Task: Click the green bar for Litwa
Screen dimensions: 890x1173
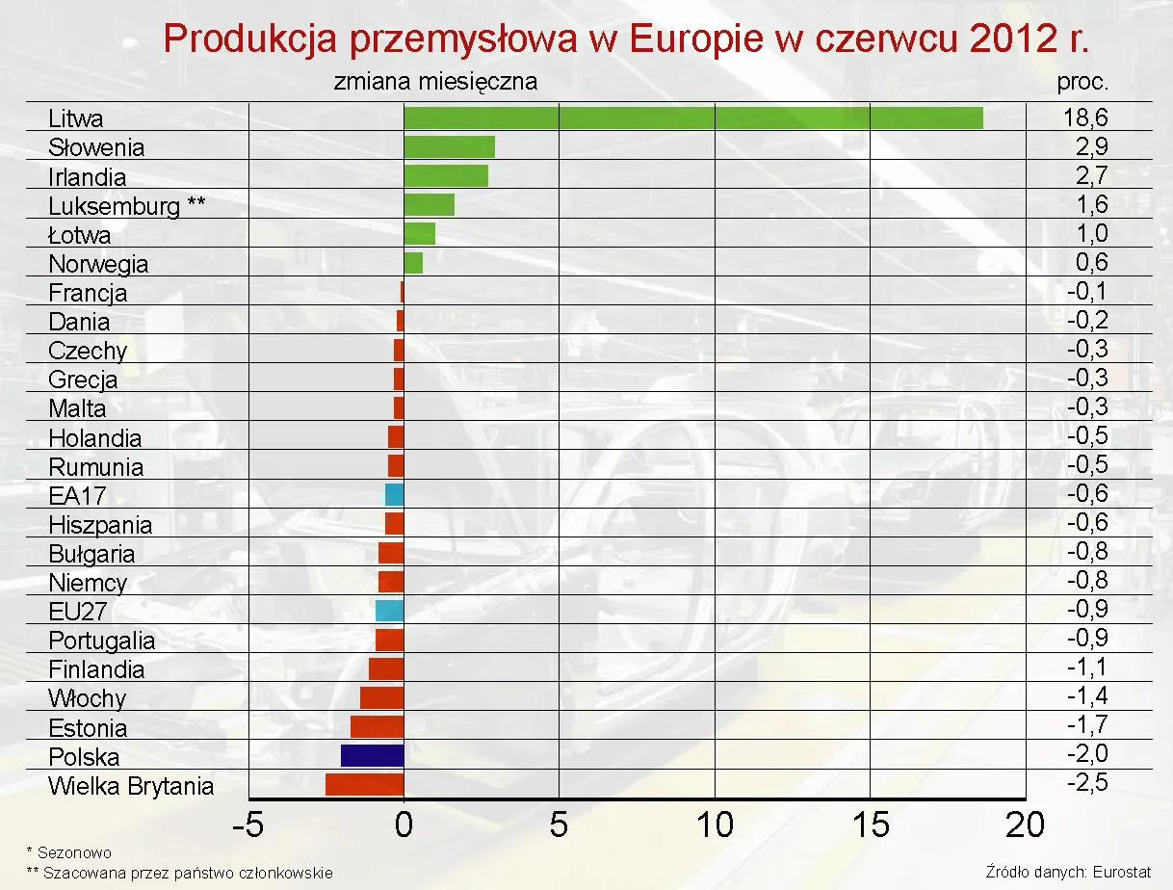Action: click(693, 118)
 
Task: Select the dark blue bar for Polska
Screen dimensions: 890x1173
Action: click(373, 755)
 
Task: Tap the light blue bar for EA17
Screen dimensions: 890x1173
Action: click(394, 495)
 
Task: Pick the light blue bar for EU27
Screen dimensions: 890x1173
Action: click(389, 611)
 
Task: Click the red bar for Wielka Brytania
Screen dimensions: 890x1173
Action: click(365, 784)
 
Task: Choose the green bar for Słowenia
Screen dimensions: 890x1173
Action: click(449, 146)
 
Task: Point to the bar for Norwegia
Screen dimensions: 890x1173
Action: click(413, 263)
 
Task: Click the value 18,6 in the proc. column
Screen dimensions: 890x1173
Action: click(1085, 118)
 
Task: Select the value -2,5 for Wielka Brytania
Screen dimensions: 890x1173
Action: click(1087, 782)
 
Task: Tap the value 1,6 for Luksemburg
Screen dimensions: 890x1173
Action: click(1093, 204)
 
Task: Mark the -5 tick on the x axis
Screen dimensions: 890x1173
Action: click(249, 825)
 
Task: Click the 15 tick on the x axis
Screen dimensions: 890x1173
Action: click(871, 825)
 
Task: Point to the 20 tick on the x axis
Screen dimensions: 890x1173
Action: click(1025, 825)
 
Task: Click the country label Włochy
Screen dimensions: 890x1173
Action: click(87, 698)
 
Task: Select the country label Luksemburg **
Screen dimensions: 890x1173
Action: click(127, 206)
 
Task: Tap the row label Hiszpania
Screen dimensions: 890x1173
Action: click(100, 525)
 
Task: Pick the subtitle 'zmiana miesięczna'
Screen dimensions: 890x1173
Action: click(435, 82)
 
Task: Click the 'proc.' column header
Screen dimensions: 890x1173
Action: click(1082, 82)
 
